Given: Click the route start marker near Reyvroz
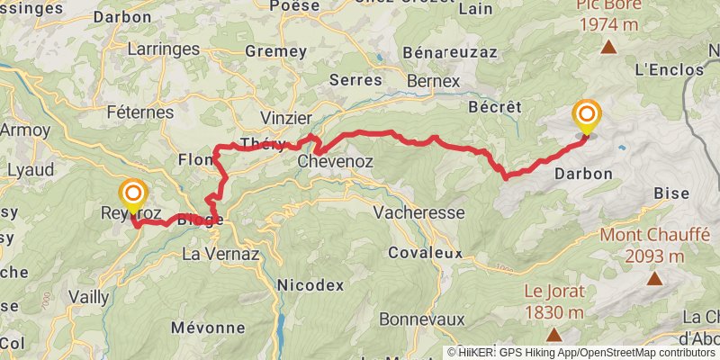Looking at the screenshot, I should click(x=133, y=193).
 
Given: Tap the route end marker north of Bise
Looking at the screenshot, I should click(x=587, y=115).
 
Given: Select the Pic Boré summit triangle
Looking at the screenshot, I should click(x=608, y=48).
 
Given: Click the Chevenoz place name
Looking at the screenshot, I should click(x=335, y=162).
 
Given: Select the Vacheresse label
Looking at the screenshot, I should click(x=418, y=213).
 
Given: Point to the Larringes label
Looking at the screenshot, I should click(x=162, y=51).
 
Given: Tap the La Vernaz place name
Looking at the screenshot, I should click(x=220, y=255).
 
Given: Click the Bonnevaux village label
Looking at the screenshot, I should click(x=421, y=319).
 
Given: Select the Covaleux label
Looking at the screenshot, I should click(x=426, y=253).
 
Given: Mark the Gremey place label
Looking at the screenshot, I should click(x=275, y=51).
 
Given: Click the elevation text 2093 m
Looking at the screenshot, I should click(x=654, y=256).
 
